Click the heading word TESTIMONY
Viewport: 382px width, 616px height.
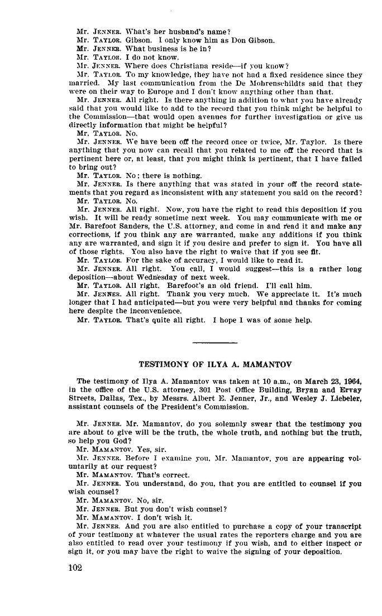pyautogui.click(x=163, y=364)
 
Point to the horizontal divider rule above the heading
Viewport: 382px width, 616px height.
pyautogui.click(x=214, y=341)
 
